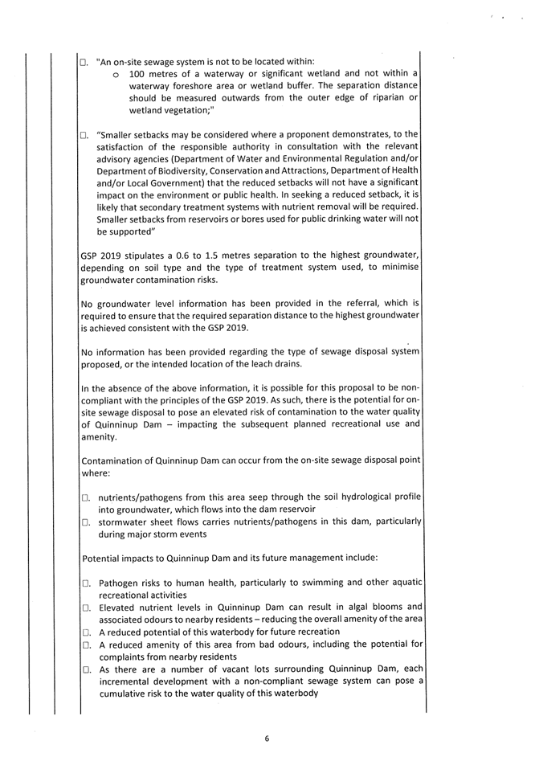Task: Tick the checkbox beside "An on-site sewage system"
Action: coord(84,62)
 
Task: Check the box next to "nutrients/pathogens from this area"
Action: coord(85,499)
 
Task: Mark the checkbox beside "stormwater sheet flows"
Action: coord(85,523)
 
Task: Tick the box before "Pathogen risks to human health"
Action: coord(85,583)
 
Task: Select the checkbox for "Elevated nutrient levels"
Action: coord(85,607)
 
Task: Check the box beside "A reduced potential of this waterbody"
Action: coord(85,632)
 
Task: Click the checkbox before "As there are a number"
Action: coord(85,669)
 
